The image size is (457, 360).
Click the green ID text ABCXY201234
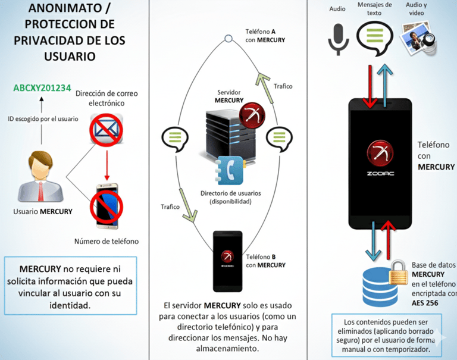42,89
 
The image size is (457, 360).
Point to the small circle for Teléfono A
228,39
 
